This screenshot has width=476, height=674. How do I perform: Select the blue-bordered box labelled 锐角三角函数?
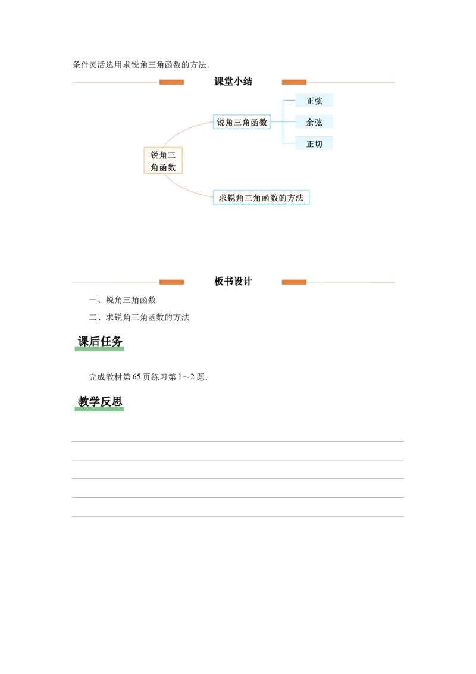(x=242, y=122)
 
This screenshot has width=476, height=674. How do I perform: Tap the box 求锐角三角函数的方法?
(x=261, y=198)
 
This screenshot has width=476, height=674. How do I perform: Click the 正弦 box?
(x=314, y=101)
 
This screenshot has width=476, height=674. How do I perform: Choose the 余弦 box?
(x=314, y=122)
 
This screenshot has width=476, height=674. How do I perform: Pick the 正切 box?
(x=314, y=143)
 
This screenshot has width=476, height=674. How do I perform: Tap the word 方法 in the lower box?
(x=295, y=198)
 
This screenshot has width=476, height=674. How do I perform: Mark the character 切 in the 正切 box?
(x=319, y=143)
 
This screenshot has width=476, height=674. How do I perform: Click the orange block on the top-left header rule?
(x=171, y=82)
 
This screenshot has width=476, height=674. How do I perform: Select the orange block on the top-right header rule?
(x=295, y=82)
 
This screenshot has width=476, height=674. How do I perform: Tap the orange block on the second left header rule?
(x=171, y=281)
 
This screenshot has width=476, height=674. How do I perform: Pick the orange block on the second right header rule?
(x=295, y=281)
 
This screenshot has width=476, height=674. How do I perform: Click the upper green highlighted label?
(x=99, y=346)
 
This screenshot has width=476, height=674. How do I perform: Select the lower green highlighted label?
(x=99, y=408)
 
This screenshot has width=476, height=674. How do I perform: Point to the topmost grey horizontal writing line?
(x=238, y=441)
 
